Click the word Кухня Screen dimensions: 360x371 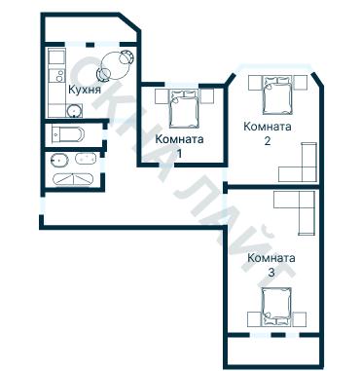click(x=85, y=90)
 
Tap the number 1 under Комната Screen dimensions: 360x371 click(x=179, y=154)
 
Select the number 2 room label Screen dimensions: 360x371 click(x=268, y=141)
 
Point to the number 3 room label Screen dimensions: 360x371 click(x=271, y=273)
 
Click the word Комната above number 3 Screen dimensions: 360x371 click(x=271, y=258)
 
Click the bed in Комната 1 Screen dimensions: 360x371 click(x=184, y=109)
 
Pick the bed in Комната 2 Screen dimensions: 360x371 click(x=276, y=95)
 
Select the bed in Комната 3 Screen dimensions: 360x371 click(x=276, y=307)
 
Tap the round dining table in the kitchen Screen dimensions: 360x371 click(x=115, y=65)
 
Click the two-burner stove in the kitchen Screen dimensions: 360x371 click(x=56, y=76)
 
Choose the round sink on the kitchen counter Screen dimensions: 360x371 click(x=74, y=111)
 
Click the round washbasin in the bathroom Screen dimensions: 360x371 click(x=59, y=161)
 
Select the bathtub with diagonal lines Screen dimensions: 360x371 click(x=73, y=179)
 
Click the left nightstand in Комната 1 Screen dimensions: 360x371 click(x=162, y=96)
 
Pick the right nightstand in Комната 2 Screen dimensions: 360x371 click(x=301, y=83)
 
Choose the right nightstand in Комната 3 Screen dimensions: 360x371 click(x=300, y=319)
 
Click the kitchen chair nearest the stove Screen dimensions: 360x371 click(x=103, y=75)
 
